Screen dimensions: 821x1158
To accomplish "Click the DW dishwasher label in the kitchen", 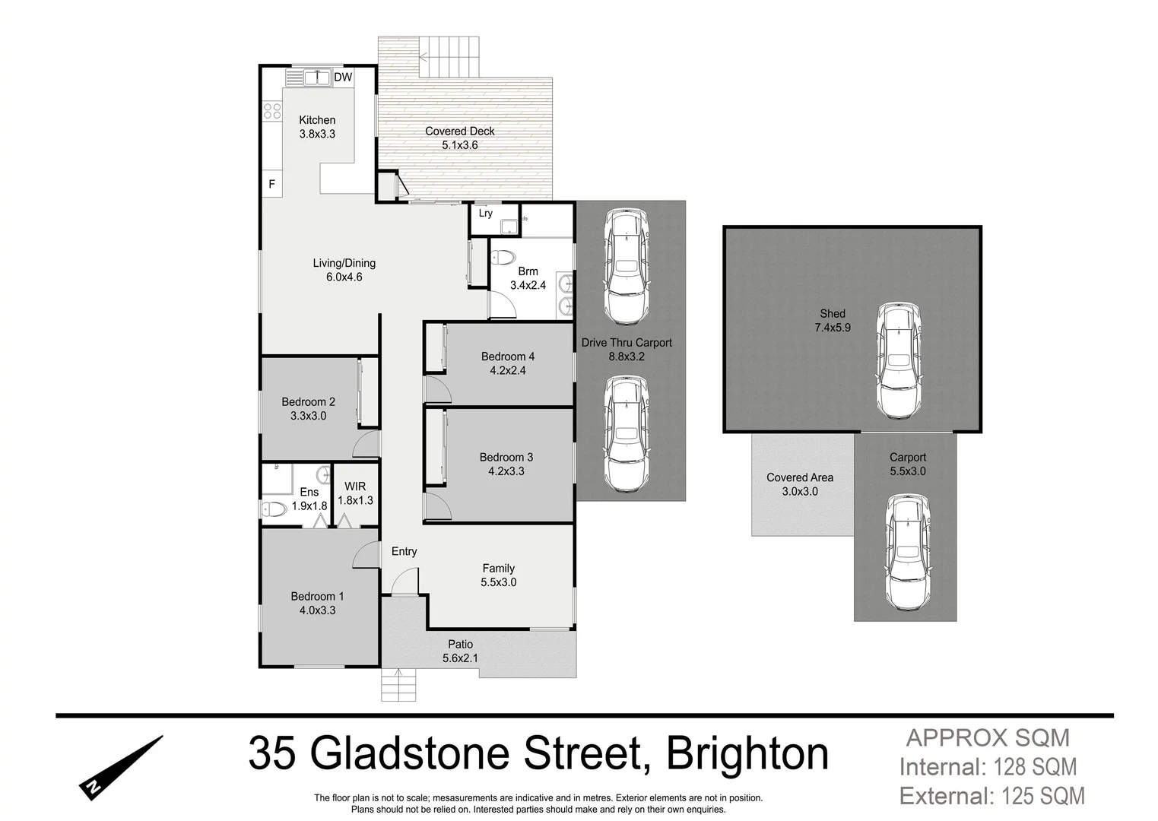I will point(343,77).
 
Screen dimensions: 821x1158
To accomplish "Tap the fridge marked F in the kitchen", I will point(271,184).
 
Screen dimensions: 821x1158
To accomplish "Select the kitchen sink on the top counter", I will point(316,77).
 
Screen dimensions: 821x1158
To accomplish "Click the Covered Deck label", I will point(459,131).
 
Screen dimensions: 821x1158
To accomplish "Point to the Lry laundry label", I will point(485,214).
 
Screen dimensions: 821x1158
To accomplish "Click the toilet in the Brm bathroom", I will point(503,257).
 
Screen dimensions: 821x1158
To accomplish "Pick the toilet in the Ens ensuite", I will point(273,509).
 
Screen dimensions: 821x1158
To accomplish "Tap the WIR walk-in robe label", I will point(355,487).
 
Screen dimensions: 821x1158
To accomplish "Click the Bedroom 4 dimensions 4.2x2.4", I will point(507,371).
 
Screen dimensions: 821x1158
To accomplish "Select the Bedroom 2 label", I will point(308,401).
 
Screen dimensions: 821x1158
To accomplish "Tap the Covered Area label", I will point(800,477).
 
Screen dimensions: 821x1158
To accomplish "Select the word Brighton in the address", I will point(747,754).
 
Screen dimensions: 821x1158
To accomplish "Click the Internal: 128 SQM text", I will point(988,767).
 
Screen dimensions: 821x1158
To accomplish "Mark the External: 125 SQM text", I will point(991,796).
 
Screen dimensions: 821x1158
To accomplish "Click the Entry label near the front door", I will point(404,551).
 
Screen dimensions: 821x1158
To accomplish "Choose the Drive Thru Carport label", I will point(627,343).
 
